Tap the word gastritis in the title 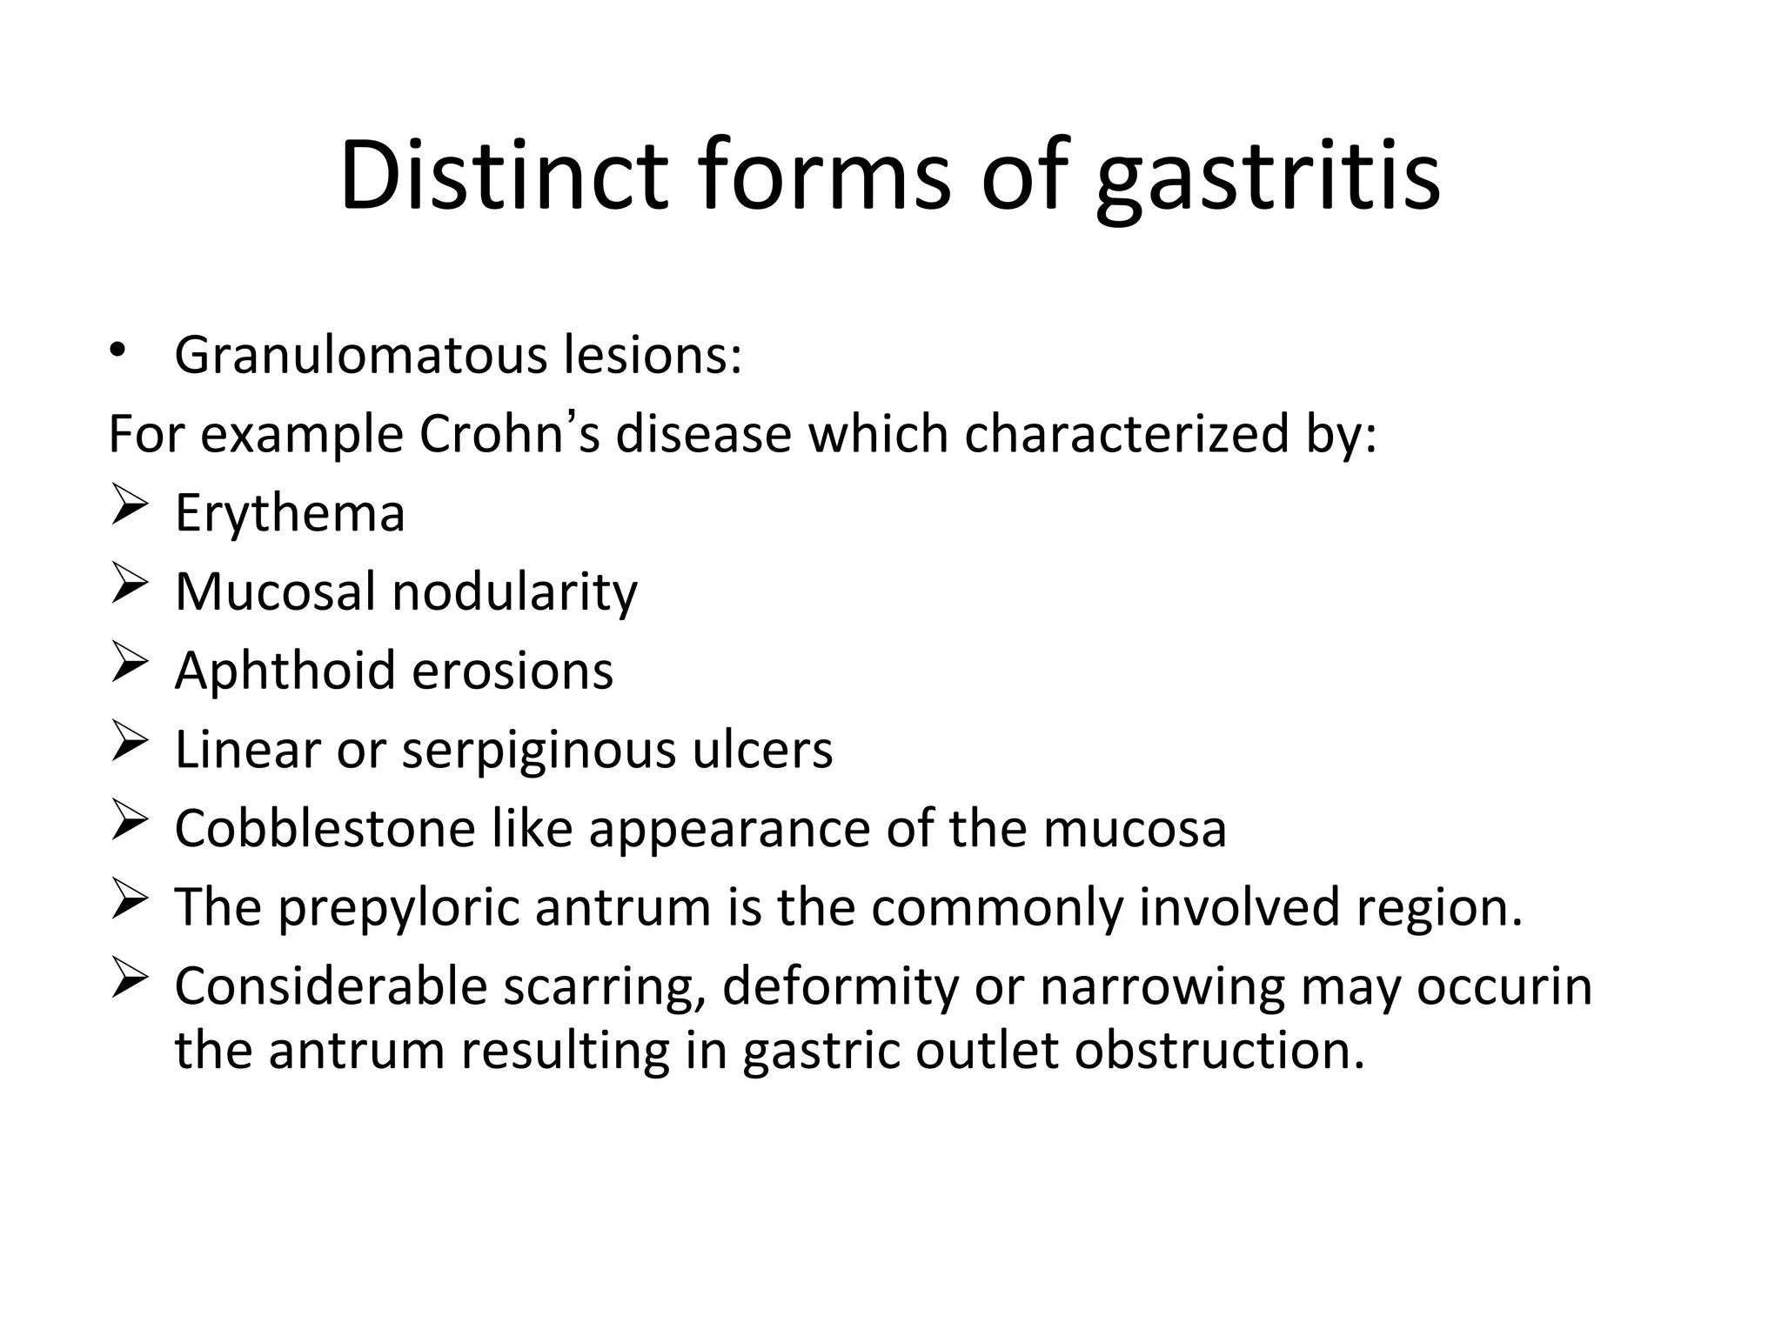[x=1268, y=178]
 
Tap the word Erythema [x=290, y=513]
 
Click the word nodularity [x=514, y=591]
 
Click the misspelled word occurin [x=1504, y=986]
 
